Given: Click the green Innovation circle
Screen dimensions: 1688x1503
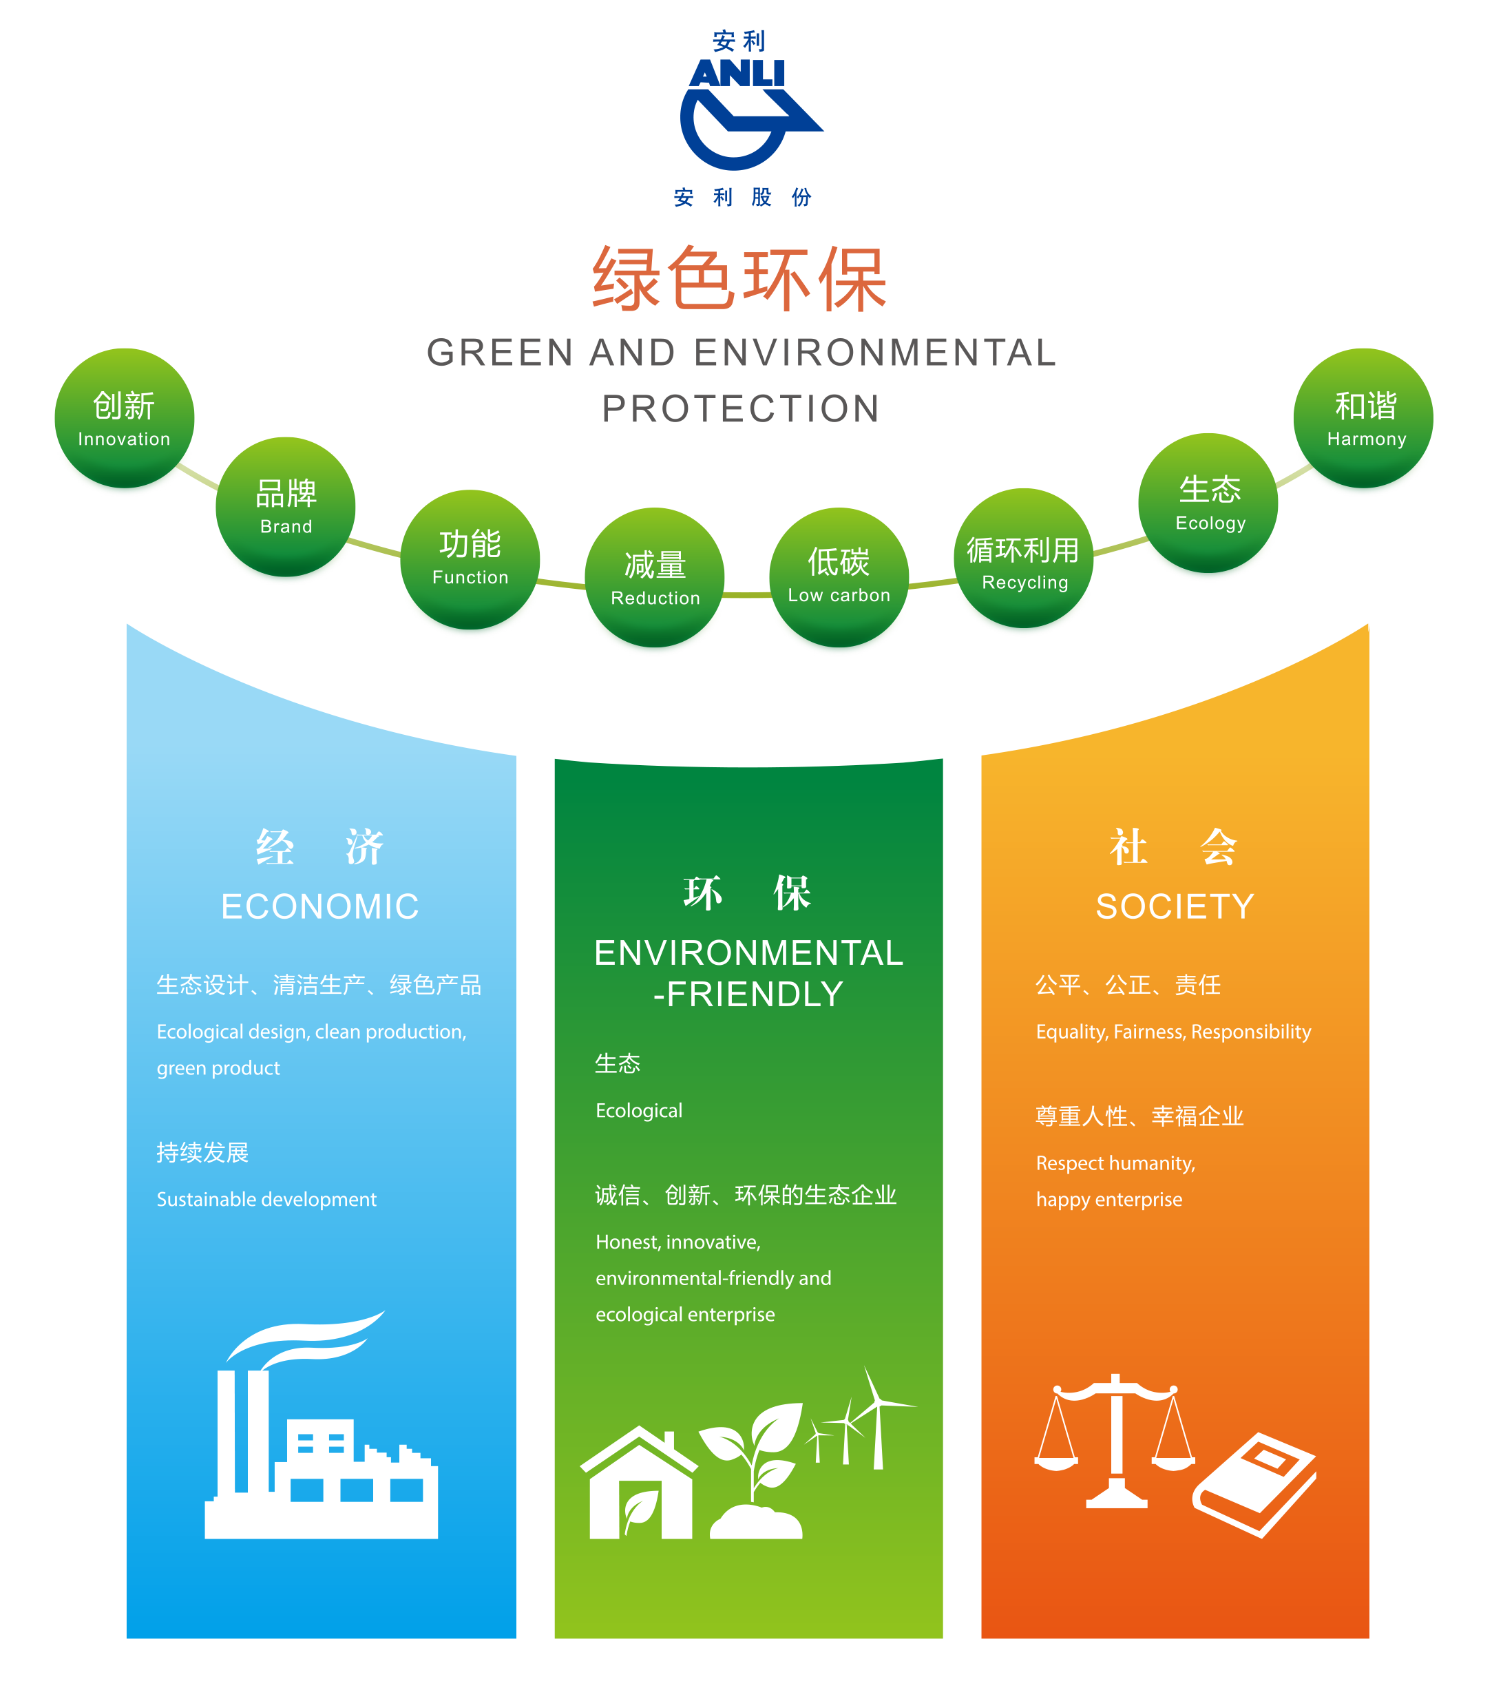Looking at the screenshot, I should point(125,421).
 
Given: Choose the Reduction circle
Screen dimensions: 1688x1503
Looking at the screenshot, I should point(655,581).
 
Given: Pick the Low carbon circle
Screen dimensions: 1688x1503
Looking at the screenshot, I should point(839,580).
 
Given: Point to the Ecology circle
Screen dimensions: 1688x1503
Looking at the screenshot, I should point(1208,506).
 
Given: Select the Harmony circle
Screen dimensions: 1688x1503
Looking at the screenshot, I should point(1363,421).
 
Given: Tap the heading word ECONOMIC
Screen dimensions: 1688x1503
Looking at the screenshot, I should point(320,906).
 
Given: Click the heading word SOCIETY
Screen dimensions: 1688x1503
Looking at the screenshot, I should point(1175,906).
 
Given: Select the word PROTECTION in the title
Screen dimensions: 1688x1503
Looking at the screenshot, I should point(741,408).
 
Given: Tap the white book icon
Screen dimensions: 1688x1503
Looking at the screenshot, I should point(1255,1483).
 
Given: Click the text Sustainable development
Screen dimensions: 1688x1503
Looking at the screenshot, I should point(266,1199).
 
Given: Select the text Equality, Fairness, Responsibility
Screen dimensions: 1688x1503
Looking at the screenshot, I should point(1173,1031).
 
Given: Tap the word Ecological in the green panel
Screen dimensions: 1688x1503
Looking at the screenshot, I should point(638,1110).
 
